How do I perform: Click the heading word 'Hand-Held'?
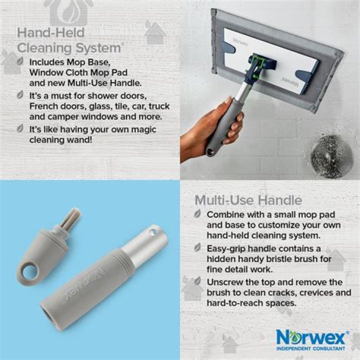click(x=50, y=32)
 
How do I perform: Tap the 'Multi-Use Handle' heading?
click(x=248, y=200)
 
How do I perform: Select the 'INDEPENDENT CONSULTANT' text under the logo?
click(x=310, y=348)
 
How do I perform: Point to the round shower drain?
click(x=332, y=156)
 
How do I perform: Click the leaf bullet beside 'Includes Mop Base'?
click(x=20, y=61)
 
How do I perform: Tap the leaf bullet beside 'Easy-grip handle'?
click(x=197, y=247)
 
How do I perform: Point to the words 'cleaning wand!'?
click(x=61, y=140)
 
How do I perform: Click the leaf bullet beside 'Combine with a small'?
click(x=197, y=214)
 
